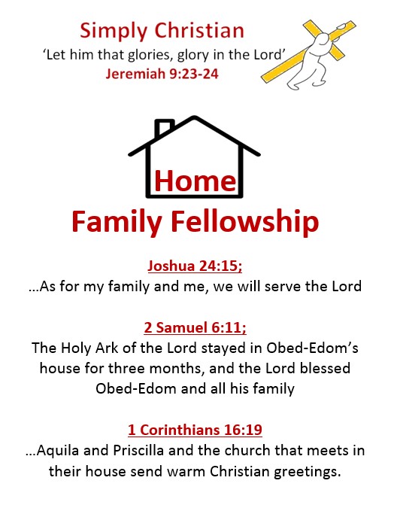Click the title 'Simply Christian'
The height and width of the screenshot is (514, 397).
[162, 31]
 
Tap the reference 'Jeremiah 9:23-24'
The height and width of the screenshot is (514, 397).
[159, 74]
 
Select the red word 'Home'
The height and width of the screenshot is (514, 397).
[195, 181]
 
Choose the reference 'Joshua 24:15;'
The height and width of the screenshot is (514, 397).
[195, 266]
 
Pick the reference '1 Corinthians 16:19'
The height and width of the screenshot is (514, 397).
[195, 430]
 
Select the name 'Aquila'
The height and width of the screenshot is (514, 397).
[64, 452]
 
